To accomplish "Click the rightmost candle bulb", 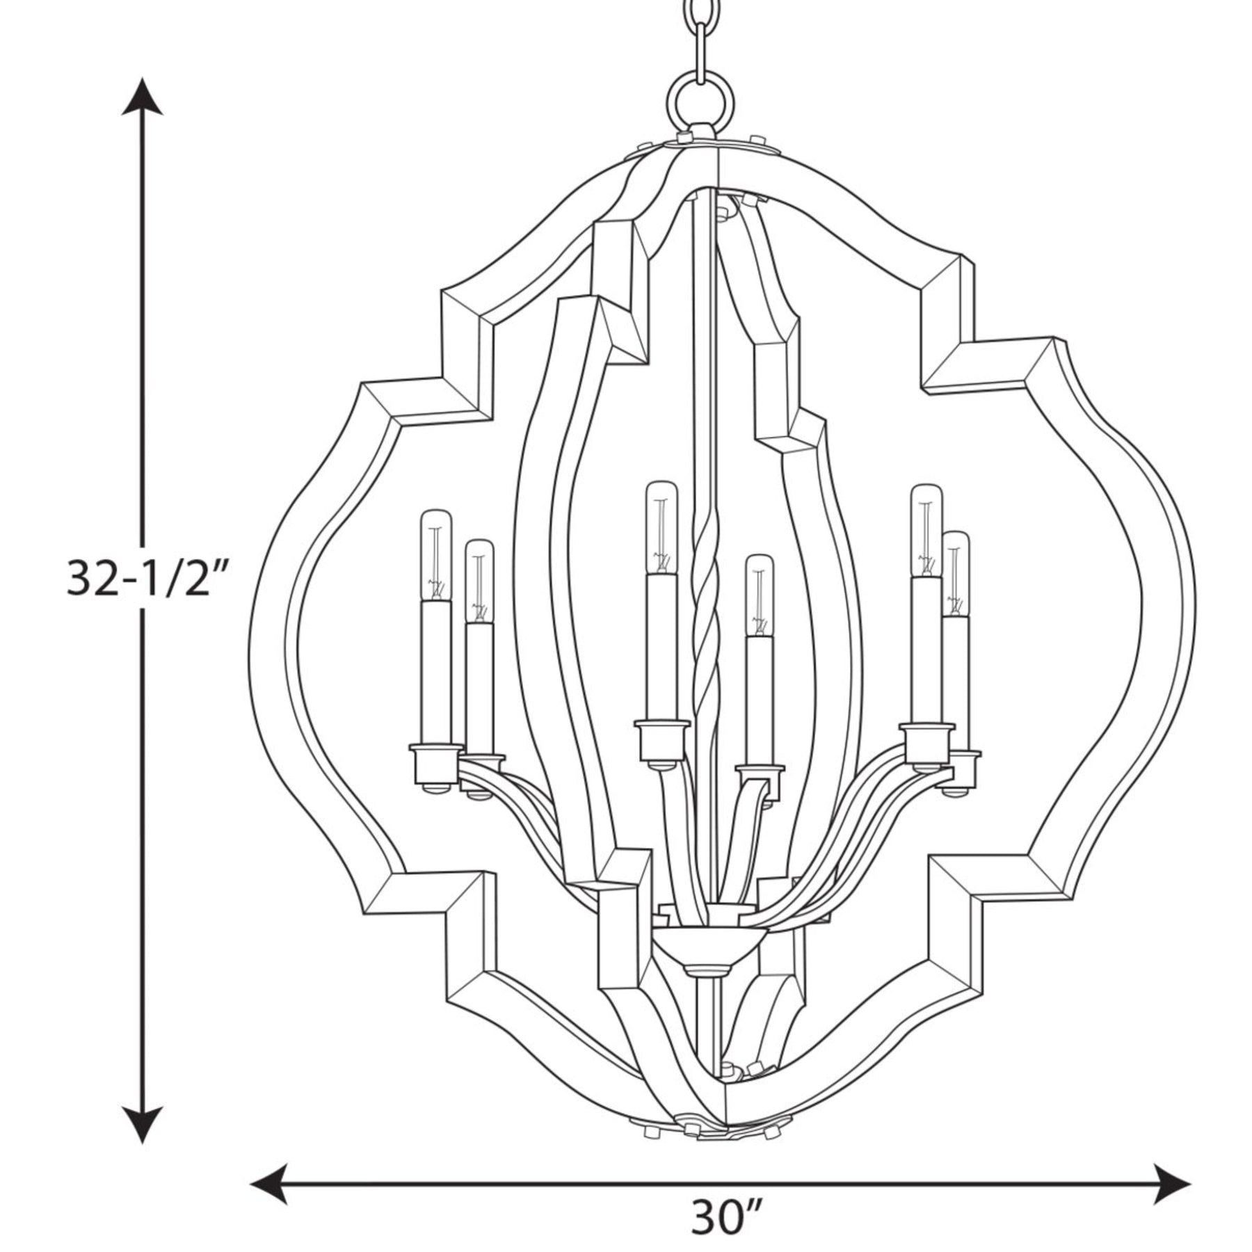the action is [956, 575].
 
